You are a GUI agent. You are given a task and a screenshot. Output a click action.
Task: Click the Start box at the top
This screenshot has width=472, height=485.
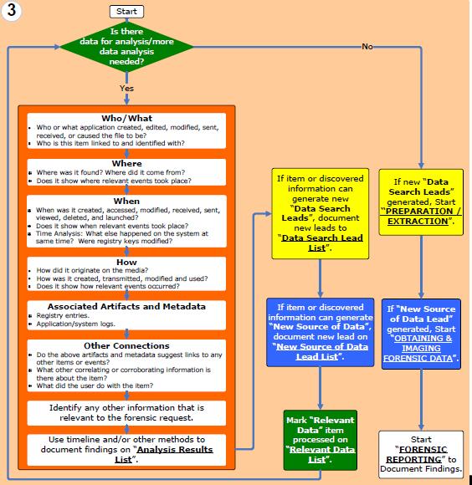pyautogui.click(x=126, y=12)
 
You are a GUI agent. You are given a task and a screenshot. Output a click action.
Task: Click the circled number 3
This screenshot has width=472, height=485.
pyautogui.click(x=12, y=11)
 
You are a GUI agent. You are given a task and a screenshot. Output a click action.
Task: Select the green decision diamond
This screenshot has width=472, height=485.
pyautogui.click(x=126, y=47)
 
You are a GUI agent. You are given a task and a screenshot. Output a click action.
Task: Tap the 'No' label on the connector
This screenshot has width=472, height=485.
pyautogui.click(x=367, y=46)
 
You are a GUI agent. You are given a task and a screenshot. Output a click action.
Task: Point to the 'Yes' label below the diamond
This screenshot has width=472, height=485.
pyautogui.click(x=126, y=88)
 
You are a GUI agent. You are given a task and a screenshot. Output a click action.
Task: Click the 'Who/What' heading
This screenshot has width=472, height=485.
pyautogui.click(x=127, y=118)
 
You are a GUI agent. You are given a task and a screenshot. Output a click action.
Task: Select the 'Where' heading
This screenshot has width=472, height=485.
pyautogui.click(x=127, y=163)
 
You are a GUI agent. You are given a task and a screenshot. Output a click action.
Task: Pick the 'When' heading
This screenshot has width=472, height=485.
pyautogui.click(x=126, y=201)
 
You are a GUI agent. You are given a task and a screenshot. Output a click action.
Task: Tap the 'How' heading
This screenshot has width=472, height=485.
pyautogui.click(x=126, y=262)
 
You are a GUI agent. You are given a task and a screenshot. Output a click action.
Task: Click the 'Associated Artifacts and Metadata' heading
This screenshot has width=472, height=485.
pyautogui.click(x=126, y=306)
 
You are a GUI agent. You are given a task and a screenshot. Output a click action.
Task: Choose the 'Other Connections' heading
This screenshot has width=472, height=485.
pyautogui.click(x=126, y=345)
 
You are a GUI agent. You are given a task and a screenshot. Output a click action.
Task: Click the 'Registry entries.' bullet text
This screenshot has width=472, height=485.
pyautogui.click(x=63, y=315)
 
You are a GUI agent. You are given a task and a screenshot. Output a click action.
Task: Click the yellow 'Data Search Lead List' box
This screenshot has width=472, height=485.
pyautogui.click(x=321, y=213)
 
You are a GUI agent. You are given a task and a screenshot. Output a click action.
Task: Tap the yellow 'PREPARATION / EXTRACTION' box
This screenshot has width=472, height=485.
pyautogui.click(x=421, y=202)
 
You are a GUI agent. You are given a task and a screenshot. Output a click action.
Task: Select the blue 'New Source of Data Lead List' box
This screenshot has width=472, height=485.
pyautogui.click(x=321, y=332)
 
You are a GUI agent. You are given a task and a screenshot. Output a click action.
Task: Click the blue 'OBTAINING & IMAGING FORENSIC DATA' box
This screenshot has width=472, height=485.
pyautogui.click(x=421, y=334)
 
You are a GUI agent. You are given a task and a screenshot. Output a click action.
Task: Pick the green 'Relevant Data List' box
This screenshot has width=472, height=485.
pyautogui.click(x=321, y=440)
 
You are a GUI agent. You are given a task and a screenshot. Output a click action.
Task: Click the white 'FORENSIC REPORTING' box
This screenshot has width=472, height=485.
pyautogui.click(x=421, y=454)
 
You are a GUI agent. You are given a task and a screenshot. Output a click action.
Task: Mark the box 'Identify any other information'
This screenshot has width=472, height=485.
pyautogui.click(x=126, y=413)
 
